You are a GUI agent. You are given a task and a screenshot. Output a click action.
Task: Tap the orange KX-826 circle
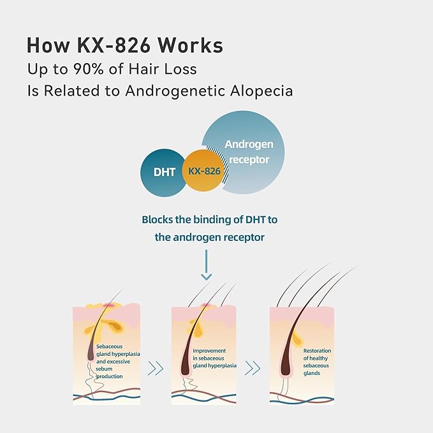tap(203, 172)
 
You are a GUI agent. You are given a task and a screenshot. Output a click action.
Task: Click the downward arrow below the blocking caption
tap(205, 265)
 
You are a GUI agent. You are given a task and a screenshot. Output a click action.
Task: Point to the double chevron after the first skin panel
tap(156, 367)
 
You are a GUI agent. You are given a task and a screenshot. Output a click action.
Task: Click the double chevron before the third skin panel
tap(253, 367)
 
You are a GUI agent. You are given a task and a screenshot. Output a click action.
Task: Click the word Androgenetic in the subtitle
tap(168, 91)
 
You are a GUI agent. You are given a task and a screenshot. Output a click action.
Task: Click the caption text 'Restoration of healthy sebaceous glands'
tap(318, 362)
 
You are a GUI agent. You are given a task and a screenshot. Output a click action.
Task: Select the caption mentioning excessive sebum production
tap(118, 362)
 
